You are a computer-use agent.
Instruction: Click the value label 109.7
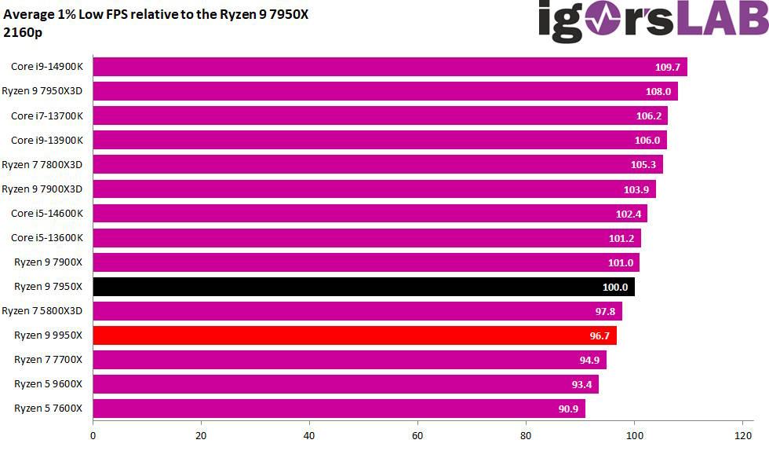[668, 67]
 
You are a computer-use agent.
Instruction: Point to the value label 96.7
[598, 335]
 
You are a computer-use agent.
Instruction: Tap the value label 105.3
[644, 164]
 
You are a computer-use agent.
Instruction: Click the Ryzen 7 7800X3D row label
[47, 164]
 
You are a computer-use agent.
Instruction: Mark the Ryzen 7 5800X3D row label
[47, 311]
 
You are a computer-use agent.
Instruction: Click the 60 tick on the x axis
[417, 435]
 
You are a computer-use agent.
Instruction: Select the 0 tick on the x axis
[93, 435]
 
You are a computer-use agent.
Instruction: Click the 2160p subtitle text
[21, 32]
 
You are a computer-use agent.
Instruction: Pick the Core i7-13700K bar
[380, 115]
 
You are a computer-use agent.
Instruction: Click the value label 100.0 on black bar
[615, 287]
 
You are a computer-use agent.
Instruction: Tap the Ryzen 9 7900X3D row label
[47, 189]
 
